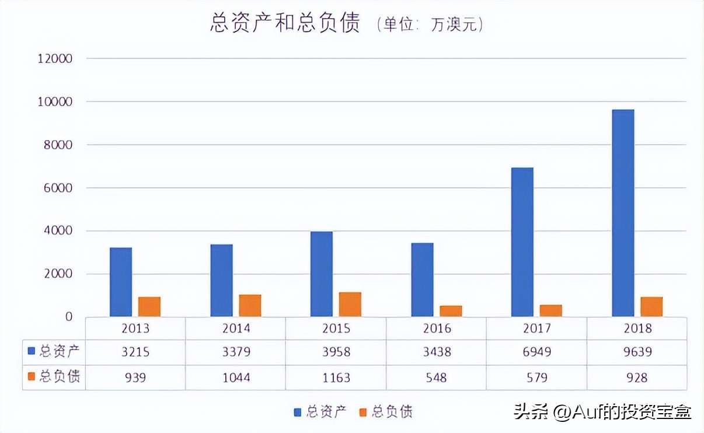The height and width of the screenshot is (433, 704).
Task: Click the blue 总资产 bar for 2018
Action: pyautogui.click(x=623, y=213)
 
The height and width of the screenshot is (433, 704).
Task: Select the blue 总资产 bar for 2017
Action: pyautogui.click(x=522, y=242)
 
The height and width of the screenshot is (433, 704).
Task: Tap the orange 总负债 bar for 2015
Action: pyautogui.click(x=350, y=305)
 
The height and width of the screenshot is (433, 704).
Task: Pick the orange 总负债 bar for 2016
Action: pyautogui.click(x=451, y=311)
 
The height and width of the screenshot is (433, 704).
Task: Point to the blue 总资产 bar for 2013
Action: pyautogui.click(x=121, y=282)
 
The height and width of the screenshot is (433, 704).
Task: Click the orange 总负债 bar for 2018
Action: pyautogui.click(x=651, y=307)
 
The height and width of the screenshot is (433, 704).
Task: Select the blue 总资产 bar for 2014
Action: pyautogui.click(x=221, y=281)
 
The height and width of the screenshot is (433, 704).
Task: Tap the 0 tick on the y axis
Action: pyautogui.click(x=68, y=317)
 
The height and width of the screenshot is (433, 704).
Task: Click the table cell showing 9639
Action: pyautogui.click(x=637, y=352)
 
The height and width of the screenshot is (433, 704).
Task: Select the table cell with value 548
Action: pyautogui.click(x=436, y=378)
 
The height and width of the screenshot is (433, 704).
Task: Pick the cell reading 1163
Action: pyautogui.click(x=336, y=378)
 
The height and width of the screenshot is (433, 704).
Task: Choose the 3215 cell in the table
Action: pyautogui.click(x=135, y=352)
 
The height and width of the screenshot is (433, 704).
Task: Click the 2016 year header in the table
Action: pyautogui.click(x=436, y=329)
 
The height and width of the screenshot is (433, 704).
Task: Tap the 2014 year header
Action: pyautogui.click(x=236, y=329)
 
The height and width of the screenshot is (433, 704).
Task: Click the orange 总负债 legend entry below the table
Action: pyautogui.click(x=386, y=412)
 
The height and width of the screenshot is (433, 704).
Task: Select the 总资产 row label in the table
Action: pyautogui.click(x=54, y=352)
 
